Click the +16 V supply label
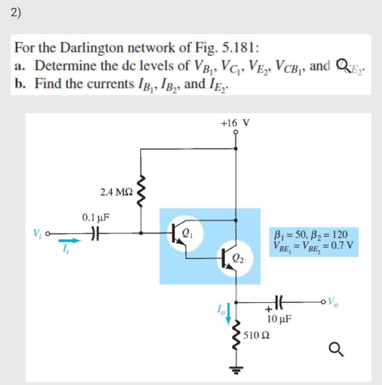tap(235, 123)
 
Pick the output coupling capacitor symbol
tap(277, 303)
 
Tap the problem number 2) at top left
tap(16, 12)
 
